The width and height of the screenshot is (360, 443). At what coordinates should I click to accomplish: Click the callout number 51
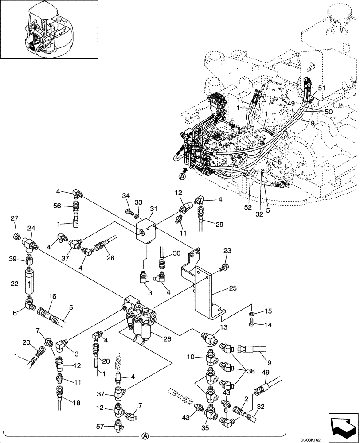coord(321,88)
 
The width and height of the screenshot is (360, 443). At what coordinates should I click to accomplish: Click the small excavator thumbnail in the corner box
coord(49,30)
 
